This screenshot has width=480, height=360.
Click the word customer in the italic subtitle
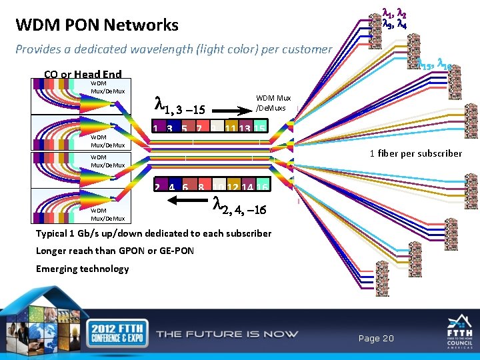[305, 49]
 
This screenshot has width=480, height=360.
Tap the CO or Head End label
[83, 75]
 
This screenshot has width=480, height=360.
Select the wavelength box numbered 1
[155, 128]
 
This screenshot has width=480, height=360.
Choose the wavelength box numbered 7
[199, 128]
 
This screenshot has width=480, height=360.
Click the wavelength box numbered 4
[170, 187]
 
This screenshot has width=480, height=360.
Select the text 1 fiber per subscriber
[415, 153]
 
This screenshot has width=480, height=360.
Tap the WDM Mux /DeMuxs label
[273, 102]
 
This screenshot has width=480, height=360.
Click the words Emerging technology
[83, 269]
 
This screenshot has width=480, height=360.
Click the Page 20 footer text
[376, 339]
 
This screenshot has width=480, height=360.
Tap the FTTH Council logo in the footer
[459, 333]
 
